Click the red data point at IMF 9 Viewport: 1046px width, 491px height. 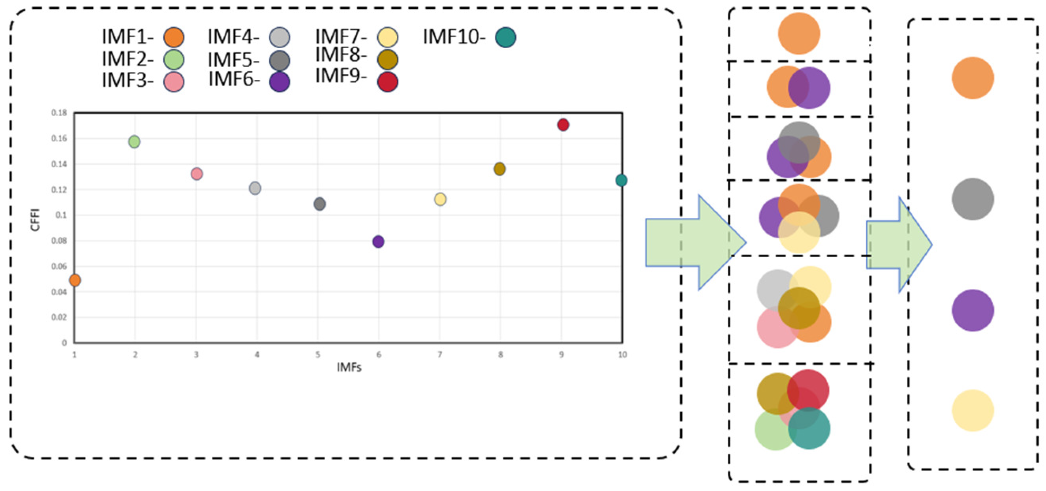(563, 125)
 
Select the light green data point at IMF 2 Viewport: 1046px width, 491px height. (134, 142)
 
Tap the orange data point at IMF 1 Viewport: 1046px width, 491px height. (75, 280)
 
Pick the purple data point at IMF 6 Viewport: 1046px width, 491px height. (378, 242)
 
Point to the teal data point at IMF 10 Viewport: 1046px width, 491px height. (621, 180)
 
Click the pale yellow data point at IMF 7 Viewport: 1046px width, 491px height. (440, 199)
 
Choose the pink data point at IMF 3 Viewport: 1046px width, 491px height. (197, 174)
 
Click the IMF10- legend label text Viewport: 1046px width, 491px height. (454, 37)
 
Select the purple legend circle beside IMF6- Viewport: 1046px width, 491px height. (280, 82)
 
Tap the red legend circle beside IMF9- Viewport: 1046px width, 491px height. (388, 82)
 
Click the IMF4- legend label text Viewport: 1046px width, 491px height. (233, 37)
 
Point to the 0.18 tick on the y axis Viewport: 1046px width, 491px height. (59, 113)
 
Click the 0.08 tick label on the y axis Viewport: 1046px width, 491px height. (59, 241)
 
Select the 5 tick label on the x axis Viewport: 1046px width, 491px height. (318, 355)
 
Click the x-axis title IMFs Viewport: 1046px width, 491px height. (349, 368)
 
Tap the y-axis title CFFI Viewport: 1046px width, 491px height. (35, 219)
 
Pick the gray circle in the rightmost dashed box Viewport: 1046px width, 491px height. (973, 199)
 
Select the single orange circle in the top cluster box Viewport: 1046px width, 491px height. (799, 34)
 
